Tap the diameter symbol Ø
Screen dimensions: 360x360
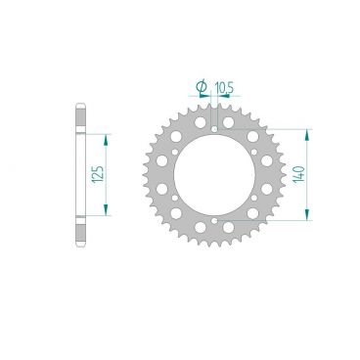(202, 86)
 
